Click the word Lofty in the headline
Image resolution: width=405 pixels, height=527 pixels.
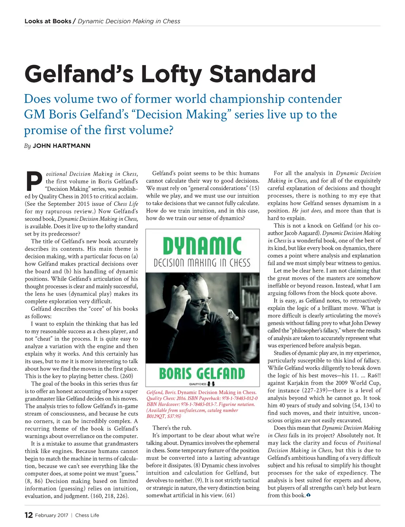[172, 74]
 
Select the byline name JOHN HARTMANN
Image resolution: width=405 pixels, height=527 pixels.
[61, 146]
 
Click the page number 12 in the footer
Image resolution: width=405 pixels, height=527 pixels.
[28, 515]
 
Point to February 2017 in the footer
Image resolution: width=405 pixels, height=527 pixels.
[51, 515]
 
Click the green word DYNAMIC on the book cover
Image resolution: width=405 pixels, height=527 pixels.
[202, 246]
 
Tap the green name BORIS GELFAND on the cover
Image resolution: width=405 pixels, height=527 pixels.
[202, 373]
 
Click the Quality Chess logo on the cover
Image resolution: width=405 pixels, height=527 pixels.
[202, 384]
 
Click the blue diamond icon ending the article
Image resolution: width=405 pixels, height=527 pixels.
[308, 495]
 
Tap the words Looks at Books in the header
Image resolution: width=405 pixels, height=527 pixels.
[48, 21]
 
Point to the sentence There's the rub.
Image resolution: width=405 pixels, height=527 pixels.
[172, 428]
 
